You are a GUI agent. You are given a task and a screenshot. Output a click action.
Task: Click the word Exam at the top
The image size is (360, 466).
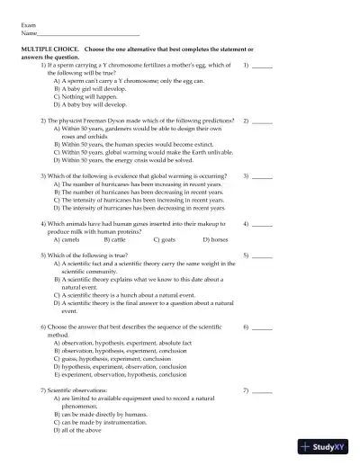click(x=28, y=26)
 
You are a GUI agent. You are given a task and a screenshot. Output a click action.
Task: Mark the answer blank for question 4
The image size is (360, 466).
click(x=262, y=222)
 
